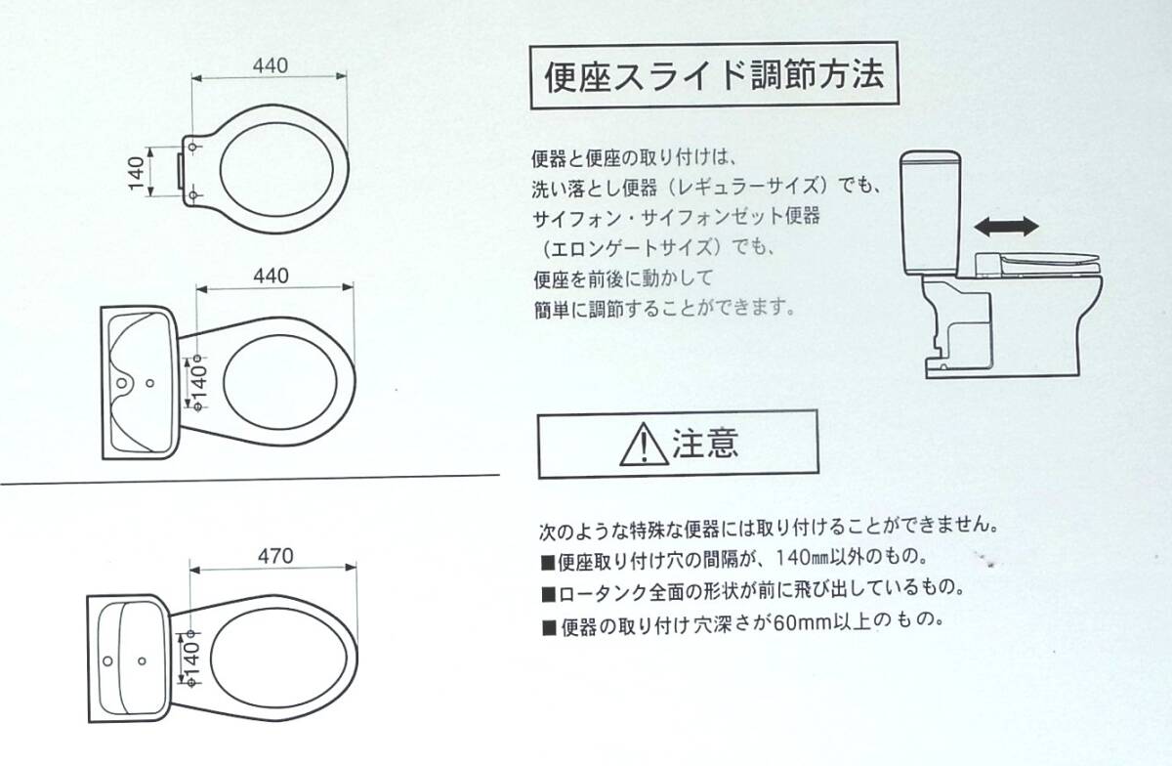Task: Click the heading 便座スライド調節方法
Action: pyautogui.click(x=714, y=76)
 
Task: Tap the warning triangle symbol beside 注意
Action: pyautogui.click(x=644, y=446)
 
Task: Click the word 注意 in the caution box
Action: pyautogui.click(x=705, y=443)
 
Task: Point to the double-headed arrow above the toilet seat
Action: pyautogui.click(x=1007, y=227)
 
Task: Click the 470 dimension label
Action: pyautogui.click(x=275, y=556)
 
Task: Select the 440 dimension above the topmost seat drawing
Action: pyautogui.click(x=271, y=65)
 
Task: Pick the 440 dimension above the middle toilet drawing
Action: pyautogui.click(x=272, y=276)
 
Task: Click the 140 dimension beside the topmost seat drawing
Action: pyautogui.click(x=137, y=173)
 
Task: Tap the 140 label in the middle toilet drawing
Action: pyautogui.click(x=199, y=382)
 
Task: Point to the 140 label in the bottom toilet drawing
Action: pyautogui.click(x=192, y=659)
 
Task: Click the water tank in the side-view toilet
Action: pyautogui.click(x=930, y=213)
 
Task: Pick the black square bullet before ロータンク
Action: pyautogui.click(x=548, y=595)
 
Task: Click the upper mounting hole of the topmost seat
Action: pyautogui.click(x=192, y=147)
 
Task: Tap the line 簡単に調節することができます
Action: pyautogui.click(x=664, y=309)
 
